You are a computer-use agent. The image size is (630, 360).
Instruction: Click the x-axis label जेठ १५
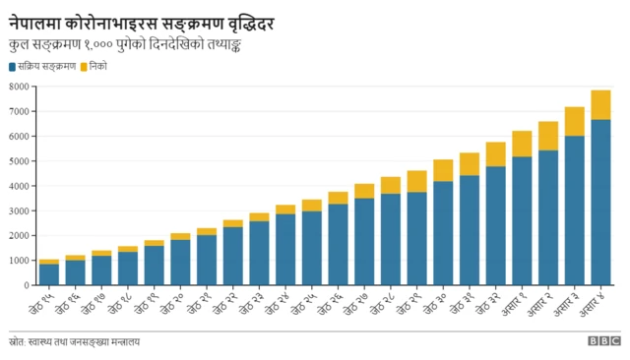pos(44,301)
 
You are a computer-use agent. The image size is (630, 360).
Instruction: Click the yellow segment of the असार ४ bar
pos(600,104)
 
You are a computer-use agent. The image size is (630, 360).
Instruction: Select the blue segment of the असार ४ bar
pos(600,202)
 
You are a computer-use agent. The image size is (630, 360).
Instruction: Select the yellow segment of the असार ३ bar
pos(574,121)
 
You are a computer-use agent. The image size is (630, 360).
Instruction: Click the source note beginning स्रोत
pos(75,341)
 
